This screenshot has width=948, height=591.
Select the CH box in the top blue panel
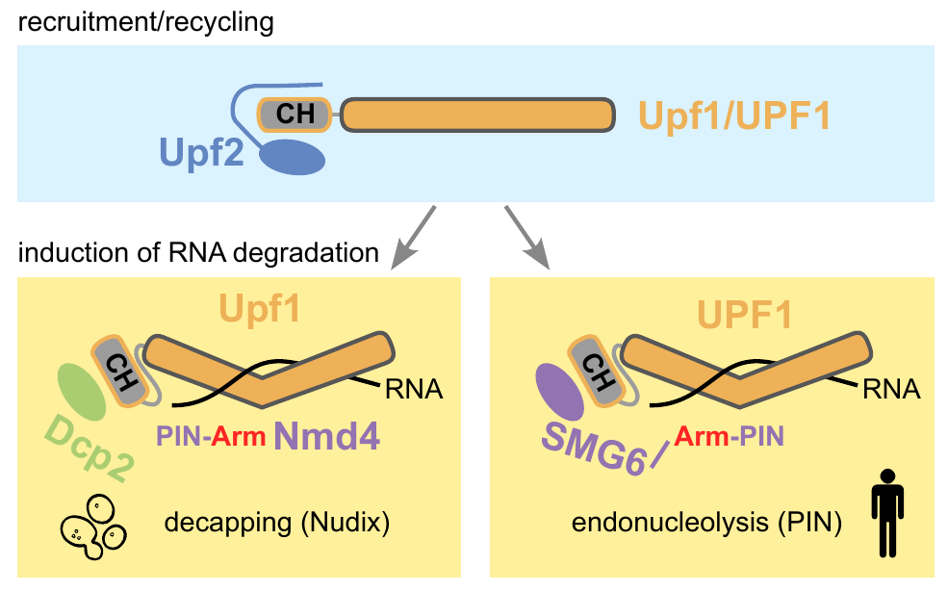(x=294, y=115)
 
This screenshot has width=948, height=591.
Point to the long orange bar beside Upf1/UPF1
(x=478, y=115)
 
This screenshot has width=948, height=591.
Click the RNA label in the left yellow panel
(x=413, y=390)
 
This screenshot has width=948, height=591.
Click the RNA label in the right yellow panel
(x=891, y=390)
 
